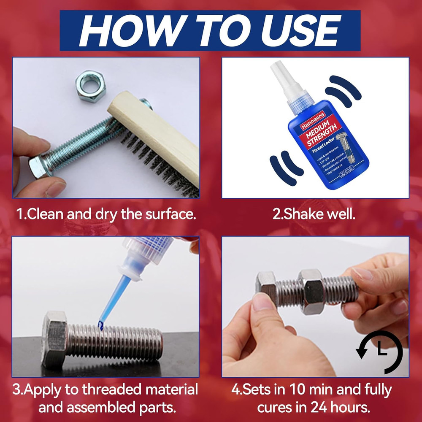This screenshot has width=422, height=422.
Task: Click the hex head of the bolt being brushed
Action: point(38,166)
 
